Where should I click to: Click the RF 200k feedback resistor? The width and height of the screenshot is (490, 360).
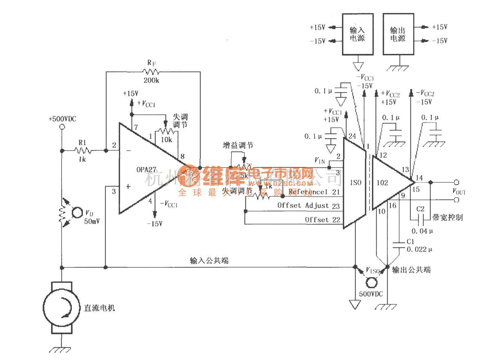pos(151,72)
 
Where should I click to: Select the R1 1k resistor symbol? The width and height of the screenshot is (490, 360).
pos(82,151)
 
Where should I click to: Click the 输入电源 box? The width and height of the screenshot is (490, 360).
pos(357,34)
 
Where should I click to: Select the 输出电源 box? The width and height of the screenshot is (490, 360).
pos(398,34)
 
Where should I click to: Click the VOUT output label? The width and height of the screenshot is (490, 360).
pos(459,191)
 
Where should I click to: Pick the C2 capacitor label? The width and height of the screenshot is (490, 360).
pos(421,209)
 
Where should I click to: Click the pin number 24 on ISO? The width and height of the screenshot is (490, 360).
pos(351,136)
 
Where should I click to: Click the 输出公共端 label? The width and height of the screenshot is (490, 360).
pos(411,270)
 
